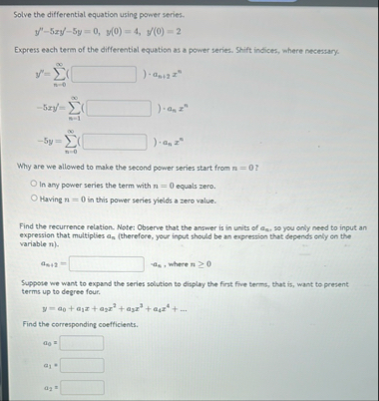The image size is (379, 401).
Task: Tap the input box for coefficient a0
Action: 82,342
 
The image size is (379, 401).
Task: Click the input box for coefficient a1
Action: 82,364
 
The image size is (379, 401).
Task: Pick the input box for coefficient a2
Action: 82,386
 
